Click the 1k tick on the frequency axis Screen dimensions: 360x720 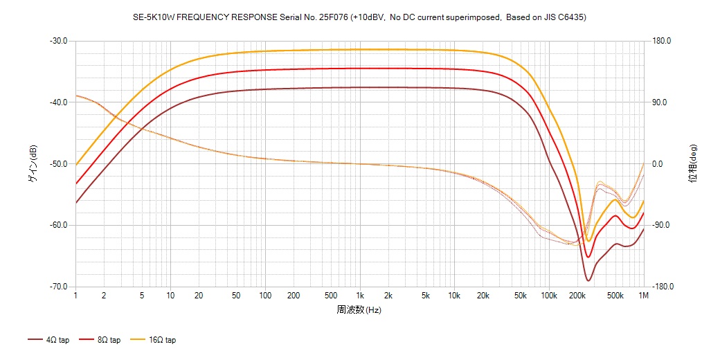pyautogui.click(x=359, y=296)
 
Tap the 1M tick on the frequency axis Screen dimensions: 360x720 pyautogui.click(x=644, y=296)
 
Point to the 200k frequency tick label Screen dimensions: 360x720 pyautogui.click(x=577, y=296)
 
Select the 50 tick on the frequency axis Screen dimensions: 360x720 pyautogui.click(x=237, y=296)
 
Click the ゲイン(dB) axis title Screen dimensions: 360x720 pyautogui.click(x=33, y=164)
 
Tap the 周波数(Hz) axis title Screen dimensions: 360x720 pyautogui.click(x=359, y=309)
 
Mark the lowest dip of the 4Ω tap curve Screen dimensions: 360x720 pyautogui.click(x=588, y=280)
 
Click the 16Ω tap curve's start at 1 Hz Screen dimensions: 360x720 pyautogui.click(x=76, y=165)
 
